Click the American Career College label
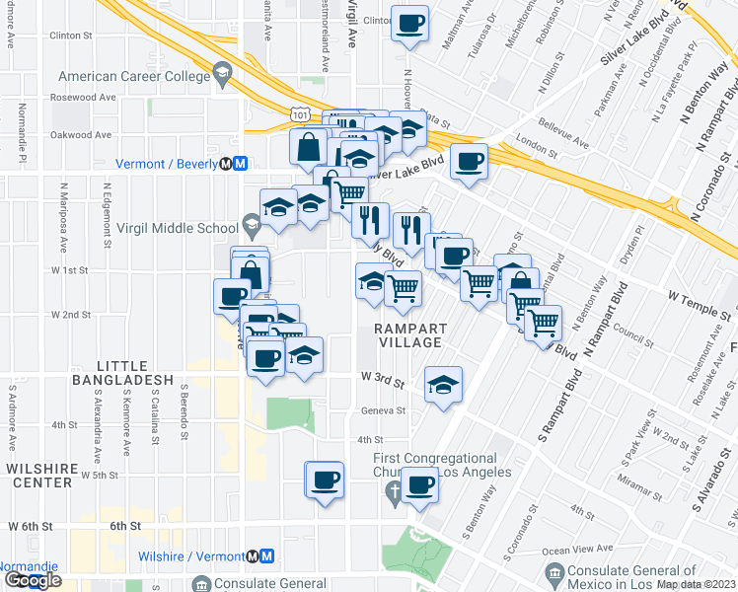coord(135,75)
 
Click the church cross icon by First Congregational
coord(393,491)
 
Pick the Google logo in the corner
coord(32,579)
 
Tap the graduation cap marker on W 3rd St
coord(443,385)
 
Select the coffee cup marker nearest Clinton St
coord(409,24)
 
